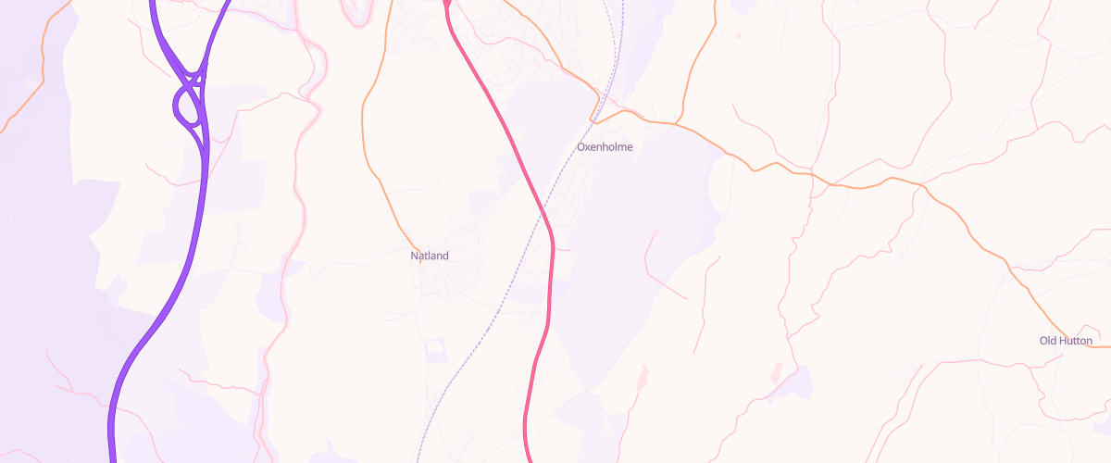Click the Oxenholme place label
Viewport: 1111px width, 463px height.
pyautogui.click(x=605, y=147)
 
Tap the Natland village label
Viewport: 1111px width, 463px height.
pyautogui.click(x=430, y=256)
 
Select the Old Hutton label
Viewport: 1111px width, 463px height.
pyautogui.click(x=1066, y=342)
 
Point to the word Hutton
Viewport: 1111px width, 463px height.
pyautogui.click(x=1076, y=342)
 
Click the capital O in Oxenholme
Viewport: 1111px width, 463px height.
pyautogui.click(x=581, y=147)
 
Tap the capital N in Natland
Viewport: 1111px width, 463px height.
pyautogui.click(x=415, y=256)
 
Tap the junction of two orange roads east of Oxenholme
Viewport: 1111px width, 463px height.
pyautogui.click(x=678, y=122)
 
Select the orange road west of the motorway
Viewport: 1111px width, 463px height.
pyautogui.click(x=28, y=102)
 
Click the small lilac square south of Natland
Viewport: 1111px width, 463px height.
pyautogui.click(x=434, y=350)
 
